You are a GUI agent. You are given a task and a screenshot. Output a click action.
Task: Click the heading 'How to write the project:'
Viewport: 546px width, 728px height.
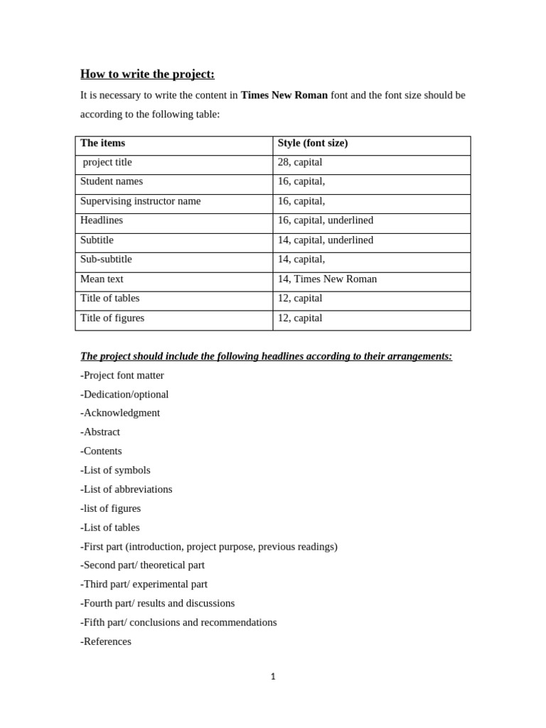tap(147, 74)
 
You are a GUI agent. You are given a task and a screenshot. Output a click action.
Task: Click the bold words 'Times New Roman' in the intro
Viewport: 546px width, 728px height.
tap(284, 95)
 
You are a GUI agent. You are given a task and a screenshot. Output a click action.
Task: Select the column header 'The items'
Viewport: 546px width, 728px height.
tap(102, 143)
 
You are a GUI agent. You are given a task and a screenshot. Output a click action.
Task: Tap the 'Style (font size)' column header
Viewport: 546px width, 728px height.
tap(313, 143)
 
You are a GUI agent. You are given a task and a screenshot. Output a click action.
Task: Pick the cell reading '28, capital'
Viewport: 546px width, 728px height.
tap(300, 162)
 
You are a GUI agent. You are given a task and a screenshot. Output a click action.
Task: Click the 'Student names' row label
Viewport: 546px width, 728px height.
tap(112, 181)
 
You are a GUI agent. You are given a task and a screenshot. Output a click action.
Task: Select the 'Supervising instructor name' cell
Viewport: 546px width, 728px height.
tap(140, 201)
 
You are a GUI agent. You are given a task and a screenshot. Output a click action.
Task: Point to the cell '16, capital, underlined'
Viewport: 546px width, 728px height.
tap(326, 220)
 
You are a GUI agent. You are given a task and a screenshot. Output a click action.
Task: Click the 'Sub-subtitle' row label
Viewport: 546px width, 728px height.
tap(106, 259)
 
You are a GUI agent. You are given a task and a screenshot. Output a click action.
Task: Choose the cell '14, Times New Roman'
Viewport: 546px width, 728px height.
tap(327, 279)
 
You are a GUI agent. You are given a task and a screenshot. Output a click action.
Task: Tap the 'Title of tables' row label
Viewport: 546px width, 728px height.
tap(109, 299)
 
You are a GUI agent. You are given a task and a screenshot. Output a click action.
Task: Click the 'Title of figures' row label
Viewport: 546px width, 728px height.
tap(112, 318)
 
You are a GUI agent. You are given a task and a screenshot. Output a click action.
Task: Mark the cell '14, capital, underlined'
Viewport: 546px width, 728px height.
tap(326, 240)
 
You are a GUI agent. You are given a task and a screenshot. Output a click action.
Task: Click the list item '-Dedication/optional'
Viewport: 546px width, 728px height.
tap(124, 395)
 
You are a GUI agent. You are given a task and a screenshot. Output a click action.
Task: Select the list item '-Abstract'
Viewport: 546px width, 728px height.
tap(100, 432)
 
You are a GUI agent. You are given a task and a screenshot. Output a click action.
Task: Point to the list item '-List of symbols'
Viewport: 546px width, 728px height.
tap(115, 471)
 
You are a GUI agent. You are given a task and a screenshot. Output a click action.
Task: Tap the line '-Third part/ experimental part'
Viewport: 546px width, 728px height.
tap(144, 584)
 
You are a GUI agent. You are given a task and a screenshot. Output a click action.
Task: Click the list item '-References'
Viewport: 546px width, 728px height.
tap(106, 641)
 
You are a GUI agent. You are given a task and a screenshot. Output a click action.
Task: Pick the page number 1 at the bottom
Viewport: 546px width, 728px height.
tap(273, 677)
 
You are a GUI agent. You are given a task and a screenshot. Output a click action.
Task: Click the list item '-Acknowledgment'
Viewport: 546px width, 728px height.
tap(120, 413)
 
